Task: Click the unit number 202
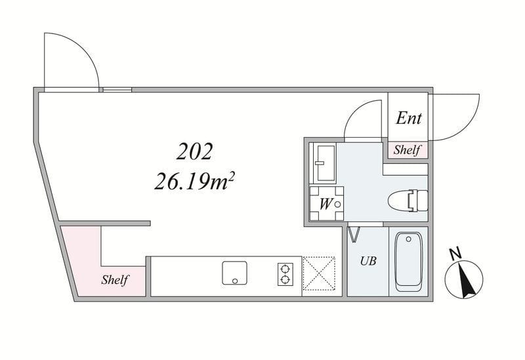[194, 151]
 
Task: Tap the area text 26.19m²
[194, 182]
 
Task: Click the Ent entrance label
[408, 118]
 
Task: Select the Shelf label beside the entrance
[407, 150]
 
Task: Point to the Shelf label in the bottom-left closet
[115, 280]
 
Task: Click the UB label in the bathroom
[368, 260]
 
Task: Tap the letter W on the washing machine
[325, 204]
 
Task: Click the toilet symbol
[408, 201]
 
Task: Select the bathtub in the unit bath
[408, 262]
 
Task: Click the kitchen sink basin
[235, 273]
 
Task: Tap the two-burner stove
[285, 274]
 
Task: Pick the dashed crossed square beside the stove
[319, 273]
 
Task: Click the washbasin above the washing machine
[322, 163]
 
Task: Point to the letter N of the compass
[455, 254]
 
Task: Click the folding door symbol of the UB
[354, 234]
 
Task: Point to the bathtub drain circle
[408, 239]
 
